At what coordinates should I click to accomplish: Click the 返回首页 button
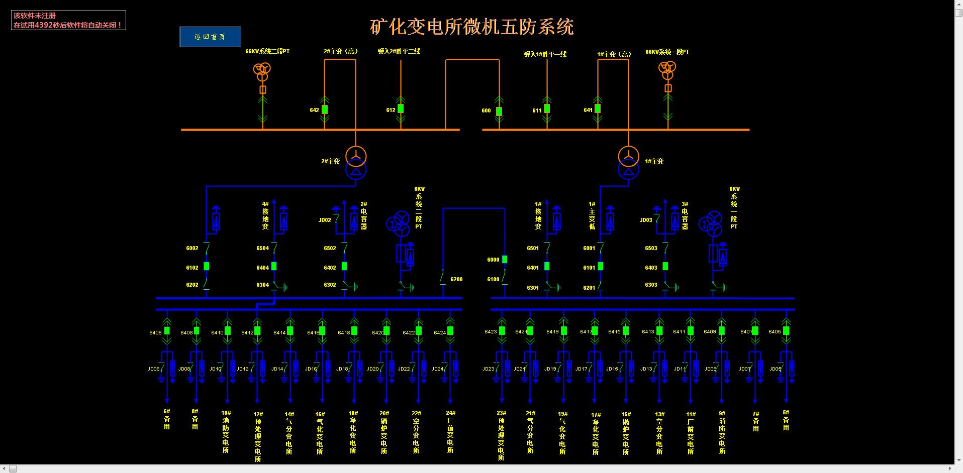[210, 37]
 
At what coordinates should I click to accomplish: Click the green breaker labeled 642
[325, 109]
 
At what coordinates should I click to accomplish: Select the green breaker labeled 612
[401, 108]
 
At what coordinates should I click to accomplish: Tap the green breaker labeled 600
[499, 111]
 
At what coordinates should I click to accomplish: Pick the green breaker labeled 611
[547, 108]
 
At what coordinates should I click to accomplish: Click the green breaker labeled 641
[598, 108]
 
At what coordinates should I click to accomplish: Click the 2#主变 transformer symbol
[355, 163]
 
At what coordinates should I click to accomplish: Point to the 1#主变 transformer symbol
[628, 163]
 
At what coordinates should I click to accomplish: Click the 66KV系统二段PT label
[267, 51]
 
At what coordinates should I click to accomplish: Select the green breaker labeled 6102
[206, 267]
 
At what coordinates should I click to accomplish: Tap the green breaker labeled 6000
[505, 260]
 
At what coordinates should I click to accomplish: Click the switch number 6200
[456, 279]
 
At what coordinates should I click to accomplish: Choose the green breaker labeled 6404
[274, 267]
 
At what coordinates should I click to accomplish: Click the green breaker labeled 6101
[601, 267]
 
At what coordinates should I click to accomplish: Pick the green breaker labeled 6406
[167, 331]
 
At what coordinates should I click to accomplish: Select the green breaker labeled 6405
[786, 331]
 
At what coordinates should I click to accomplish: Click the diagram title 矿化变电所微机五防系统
[471, 27]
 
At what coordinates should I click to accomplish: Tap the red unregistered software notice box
[68, 20]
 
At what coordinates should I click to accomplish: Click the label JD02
[325, 220]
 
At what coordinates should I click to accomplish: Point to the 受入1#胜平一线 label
[545, 54]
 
